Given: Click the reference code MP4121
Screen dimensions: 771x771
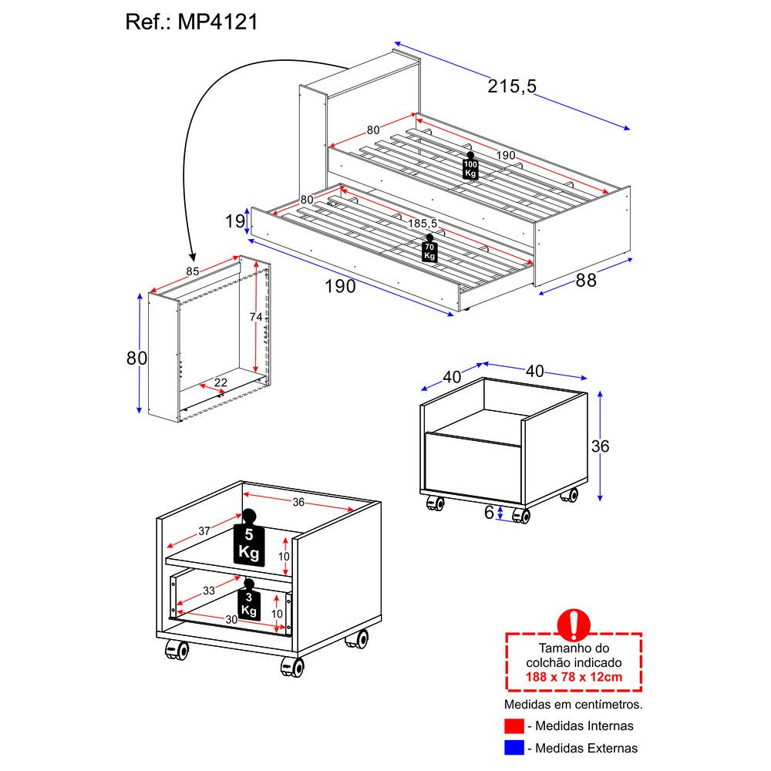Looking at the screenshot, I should (218, 22).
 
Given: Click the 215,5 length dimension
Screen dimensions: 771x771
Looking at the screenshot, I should (511, 86).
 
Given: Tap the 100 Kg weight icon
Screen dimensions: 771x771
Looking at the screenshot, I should (470, 167).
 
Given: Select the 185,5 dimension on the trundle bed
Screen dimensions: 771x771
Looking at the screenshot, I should (423, 224).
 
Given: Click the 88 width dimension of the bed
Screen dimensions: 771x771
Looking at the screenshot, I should (586, 281).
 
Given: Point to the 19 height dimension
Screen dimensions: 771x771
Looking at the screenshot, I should (234, 222).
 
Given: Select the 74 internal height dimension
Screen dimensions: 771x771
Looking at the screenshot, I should (256, 318).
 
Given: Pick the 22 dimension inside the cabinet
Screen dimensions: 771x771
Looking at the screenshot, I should (221, 383).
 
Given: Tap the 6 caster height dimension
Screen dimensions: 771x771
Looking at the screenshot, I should (489, 513).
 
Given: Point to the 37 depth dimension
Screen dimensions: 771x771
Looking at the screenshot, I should (204, 530).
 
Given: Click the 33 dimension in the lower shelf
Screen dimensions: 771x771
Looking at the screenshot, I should (208, 592).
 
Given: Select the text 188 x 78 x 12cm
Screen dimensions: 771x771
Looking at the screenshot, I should (574, 677).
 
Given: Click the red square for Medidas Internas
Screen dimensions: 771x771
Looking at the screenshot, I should (514, 726).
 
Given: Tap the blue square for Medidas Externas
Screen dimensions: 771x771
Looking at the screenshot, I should (514, 748).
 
